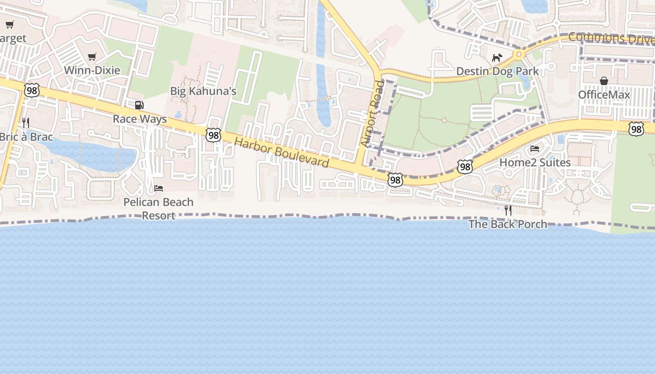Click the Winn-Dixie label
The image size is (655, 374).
[x=92, y=70]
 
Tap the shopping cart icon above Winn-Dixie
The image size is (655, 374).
[x=92, y=57]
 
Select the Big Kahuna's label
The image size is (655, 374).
[x=203, y=91]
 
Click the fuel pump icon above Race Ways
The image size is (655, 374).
[x=139, y=105]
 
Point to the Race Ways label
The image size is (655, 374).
[x=140, y=119]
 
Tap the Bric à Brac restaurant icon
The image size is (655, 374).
[x=26, y=123]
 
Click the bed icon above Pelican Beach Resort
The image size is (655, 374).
[x=159, y=188]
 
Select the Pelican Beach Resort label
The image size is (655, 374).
[x=158, y=209]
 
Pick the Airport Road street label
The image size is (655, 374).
[x=372, y=115]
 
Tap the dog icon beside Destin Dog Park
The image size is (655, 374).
[x=497, y=58]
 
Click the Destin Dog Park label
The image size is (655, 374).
[x=497, y=72]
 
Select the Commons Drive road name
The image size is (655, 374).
[x=611, y=38]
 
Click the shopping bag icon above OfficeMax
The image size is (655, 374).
[x=604, y=81]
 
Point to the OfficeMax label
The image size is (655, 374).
[x=604, y=95]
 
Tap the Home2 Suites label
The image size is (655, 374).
[x=535, y=162]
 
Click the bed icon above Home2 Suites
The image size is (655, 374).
[x=535, y=149]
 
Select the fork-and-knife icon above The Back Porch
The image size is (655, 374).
[x=508, y=210]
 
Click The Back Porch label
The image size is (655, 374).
[x=508, y=224]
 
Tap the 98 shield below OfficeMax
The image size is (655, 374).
[x=636, y=129]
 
